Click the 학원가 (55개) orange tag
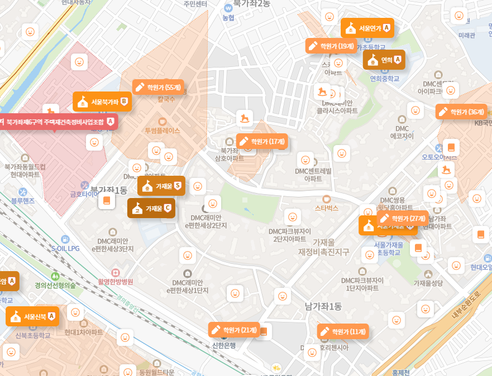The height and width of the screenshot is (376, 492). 158,87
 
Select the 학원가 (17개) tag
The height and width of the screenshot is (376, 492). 262,142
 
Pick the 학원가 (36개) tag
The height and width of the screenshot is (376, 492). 461,112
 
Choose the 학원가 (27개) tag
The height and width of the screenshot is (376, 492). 402,218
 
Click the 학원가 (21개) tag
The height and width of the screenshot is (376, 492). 234,330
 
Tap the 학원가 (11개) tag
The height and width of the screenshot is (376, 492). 343,331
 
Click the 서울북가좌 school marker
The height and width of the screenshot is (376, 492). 102,102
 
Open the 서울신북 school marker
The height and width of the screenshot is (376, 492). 32,316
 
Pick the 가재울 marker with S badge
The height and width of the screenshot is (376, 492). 161,186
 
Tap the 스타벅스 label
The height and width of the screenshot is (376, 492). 327,208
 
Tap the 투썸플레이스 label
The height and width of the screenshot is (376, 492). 162,131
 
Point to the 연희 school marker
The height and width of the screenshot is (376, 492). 384,59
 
